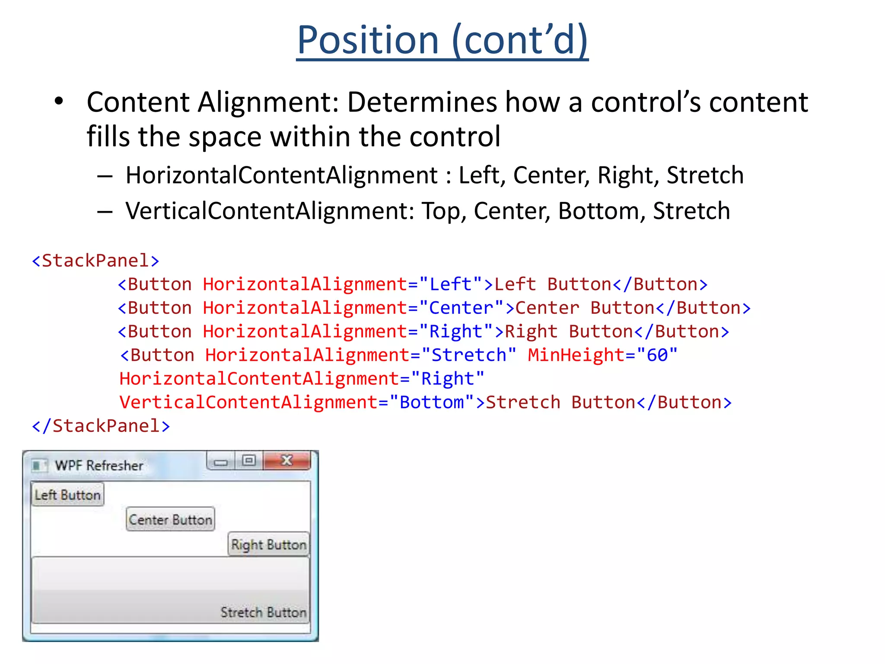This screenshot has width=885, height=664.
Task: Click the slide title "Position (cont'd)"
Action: tap(442, 40)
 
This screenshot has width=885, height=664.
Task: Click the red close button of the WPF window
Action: tap(287, 460)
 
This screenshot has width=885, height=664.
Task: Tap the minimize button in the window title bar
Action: tap(221, 462)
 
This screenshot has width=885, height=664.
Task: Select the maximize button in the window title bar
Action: tap(249, 460)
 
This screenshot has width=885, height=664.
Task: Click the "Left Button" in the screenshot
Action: tap(68, 495)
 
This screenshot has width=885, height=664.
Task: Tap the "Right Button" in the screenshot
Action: tap(268, 544)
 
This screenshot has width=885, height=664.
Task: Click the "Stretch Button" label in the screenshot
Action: tap(263, 612)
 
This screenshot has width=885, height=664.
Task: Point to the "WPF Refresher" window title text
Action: tap(99, 466)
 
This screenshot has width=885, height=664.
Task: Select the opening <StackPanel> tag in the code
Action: tap(96, 261)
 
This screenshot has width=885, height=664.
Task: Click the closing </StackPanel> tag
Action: tap(101, 426)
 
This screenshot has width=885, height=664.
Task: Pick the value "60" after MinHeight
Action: tap(657, 355)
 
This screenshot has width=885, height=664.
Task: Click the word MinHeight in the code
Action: tap(576, 355)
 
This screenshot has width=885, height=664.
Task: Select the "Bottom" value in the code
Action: tap(431, 402)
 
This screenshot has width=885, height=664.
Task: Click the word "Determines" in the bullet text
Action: tap(423, 102)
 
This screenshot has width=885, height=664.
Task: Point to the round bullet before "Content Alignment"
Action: tap(59, 102)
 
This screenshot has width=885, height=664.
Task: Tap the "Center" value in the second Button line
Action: tap(461, 308)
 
